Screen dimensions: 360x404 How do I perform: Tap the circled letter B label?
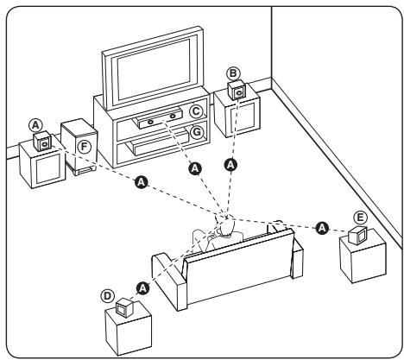pyautogui.click(x=232, y=73)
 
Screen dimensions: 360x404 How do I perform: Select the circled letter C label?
pyautogui.click(x=196, y=111)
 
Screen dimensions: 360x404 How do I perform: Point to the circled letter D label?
pyautogui.click(x=109, y=294)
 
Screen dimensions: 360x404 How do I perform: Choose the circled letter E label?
pyautogui.click(x=362, y=217)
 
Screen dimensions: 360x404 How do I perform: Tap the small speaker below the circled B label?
pyautogui.click(x=235, y=92)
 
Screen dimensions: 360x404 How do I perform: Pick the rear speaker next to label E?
pyautogui.click(x=358, y=233)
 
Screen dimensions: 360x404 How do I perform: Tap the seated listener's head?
pyautogui.click(x=225, y=228)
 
